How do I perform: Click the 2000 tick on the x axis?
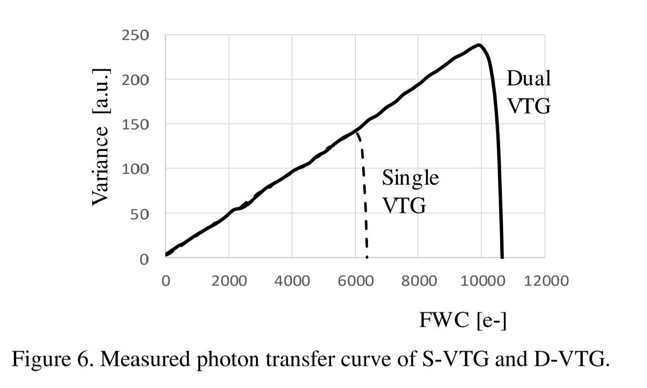[229, 281]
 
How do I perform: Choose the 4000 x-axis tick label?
[292, 281]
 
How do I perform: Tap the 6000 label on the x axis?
[355, 281]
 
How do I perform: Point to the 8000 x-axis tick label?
[418, 281]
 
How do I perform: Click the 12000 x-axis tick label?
[545, 281]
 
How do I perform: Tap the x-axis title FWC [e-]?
[463, 320]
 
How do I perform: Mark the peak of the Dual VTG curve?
[479, 45]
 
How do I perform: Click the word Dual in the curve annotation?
[528, 79]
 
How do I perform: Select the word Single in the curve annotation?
[410, 177]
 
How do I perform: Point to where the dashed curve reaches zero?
[367, 257]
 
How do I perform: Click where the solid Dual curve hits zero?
[502, 257]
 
